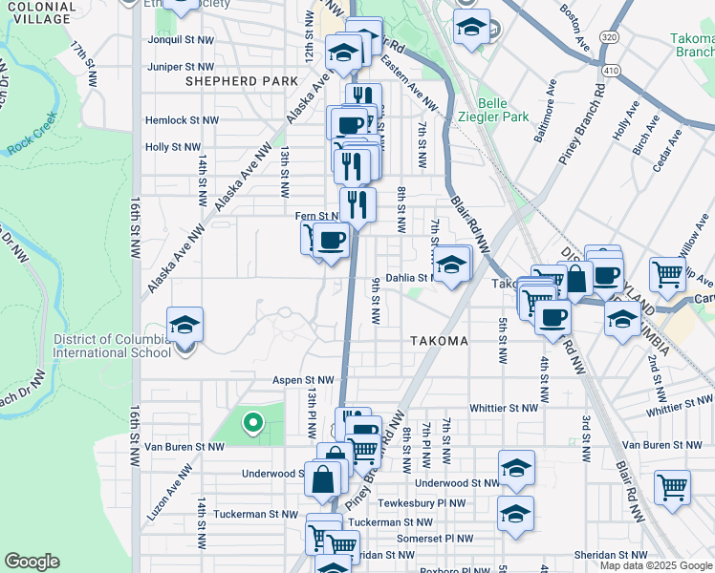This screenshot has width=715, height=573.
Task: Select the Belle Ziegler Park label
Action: (x=503, y=109)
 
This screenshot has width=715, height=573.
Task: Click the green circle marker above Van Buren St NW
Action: (x=252, y=420)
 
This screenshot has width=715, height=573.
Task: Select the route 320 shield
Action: (x=609, y=37)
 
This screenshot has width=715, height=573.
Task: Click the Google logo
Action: (x=32, y=562)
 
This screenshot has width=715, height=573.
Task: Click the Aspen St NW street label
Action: (x=302, y=379)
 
